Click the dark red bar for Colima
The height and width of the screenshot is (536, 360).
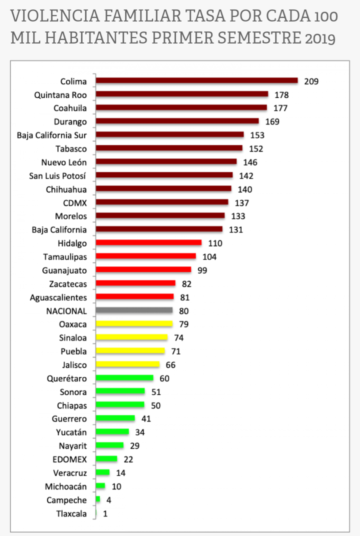pos(196,80)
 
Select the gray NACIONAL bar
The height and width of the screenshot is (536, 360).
pos(134,310)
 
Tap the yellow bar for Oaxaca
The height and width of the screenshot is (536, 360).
pos(134,324)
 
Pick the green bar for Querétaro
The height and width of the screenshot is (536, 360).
pos(124,378)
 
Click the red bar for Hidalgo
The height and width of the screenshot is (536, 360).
pos(148,242)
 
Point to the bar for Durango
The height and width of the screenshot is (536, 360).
pos(177,121)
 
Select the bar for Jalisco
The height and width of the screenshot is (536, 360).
pos(127,364)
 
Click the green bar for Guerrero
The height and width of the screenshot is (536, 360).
pos(115,418)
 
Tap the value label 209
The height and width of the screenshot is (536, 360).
pos(311,81)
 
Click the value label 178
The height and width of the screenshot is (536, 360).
pos(281,94)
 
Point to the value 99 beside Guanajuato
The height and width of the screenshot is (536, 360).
pos(202,270)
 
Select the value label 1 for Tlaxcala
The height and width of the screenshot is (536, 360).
pos(105,513)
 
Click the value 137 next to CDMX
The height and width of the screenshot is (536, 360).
pos(241,202)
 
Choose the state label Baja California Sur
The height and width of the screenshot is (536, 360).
pos(51,135)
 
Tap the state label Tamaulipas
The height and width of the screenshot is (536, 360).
pos(65,256)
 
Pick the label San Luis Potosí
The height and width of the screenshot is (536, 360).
pos(58,175)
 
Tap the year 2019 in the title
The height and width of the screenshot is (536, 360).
pos(320,38)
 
